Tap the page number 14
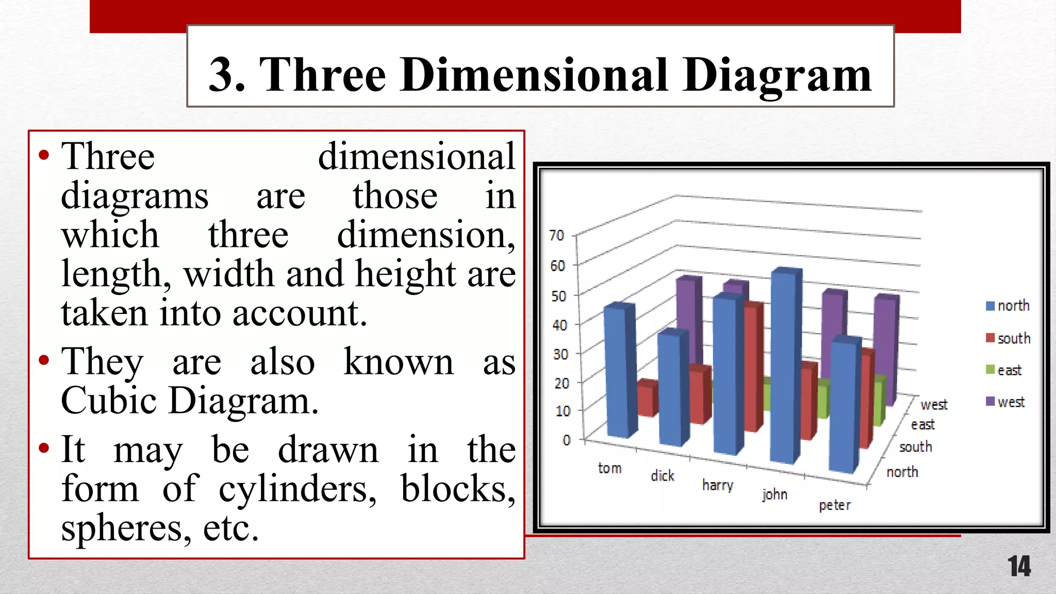1019,566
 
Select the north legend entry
1008,306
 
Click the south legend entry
1008,338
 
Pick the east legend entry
1004,370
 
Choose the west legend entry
1005,402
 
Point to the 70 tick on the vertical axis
557,236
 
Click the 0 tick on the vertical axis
567,440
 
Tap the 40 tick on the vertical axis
559,325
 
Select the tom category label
609,468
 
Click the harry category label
717,485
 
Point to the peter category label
835,505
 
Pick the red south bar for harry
754,366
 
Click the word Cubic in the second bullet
108,401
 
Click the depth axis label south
915,447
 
